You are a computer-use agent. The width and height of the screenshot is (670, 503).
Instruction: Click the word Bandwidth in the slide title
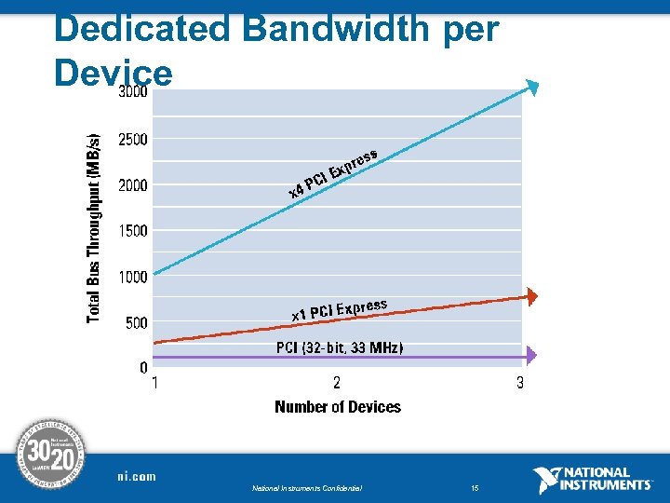[329, 29]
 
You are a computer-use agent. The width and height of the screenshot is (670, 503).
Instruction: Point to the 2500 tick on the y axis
[132, 140]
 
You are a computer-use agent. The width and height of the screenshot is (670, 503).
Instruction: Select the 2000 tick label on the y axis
[132, 185]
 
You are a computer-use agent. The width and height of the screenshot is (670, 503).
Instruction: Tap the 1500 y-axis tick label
[132, 231]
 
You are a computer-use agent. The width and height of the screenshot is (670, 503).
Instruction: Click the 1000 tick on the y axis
[132, 277]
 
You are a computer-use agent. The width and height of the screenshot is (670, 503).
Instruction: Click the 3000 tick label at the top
[132, 93]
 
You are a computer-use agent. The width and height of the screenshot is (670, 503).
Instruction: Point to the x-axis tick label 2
[337, 383]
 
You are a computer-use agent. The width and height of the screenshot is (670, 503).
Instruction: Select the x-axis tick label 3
[520, 383]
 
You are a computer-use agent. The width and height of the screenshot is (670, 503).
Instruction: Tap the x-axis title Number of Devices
[338, 407]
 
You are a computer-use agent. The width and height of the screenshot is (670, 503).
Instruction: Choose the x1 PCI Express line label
[339, 309]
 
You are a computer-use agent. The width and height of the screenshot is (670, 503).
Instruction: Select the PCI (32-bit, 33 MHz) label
[340, 347]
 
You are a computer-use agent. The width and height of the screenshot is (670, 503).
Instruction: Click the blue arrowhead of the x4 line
[531, 88]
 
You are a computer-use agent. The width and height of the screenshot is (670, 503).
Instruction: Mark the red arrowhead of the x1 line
[531, 296]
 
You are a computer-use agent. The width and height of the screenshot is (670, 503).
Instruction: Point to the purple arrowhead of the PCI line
[531, 355]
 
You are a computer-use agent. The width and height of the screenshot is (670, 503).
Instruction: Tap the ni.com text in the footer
[137, 476]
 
